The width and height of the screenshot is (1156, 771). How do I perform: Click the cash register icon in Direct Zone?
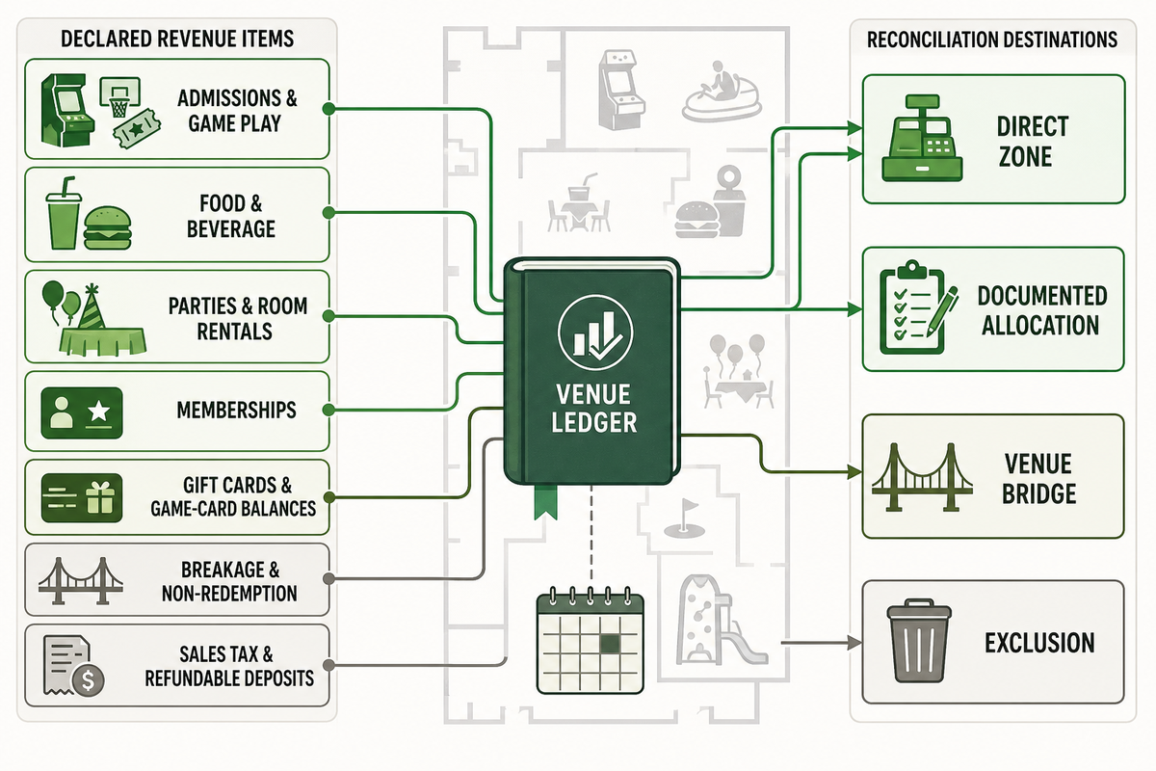(922, 138)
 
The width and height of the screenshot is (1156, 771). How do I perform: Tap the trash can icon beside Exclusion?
(919, 640)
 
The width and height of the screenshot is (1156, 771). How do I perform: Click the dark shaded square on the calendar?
(610, 643)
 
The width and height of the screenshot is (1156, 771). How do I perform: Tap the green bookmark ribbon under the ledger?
(545, 501)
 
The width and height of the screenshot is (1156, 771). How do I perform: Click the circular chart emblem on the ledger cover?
(595, 332)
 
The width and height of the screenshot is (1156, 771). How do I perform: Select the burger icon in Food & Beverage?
(107, 228)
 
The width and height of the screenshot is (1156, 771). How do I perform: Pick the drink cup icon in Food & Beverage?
(64, 213)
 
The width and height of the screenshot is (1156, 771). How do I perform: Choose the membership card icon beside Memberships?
(82, 412)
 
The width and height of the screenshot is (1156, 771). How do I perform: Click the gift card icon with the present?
(82, 498)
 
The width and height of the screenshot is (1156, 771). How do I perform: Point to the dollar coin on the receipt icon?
(89, 680)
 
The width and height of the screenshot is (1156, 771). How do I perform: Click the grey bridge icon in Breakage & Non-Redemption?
(81, 580)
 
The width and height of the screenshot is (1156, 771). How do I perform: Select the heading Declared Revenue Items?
(177, 39)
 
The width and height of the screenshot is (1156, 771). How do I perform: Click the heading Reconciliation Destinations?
(992, 40)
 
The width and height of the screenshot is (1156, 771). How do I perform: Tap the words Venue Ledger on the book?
(594, 409)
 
